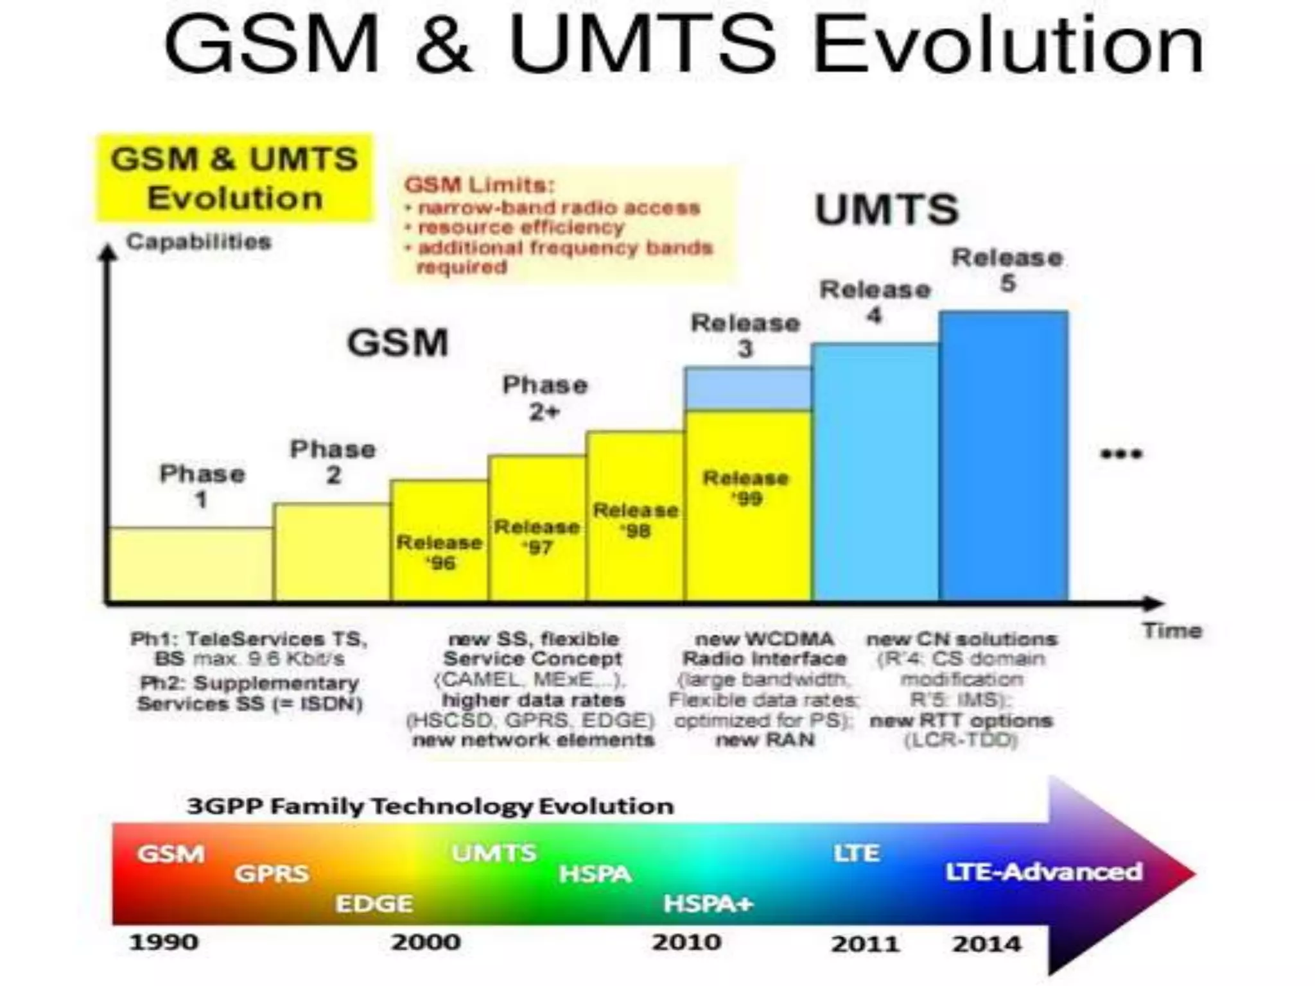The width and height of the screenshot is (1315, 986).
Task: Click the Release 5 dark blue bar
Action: (1003, 456)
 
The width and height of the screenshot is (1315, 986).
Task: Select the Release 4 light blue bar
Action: (875, 472)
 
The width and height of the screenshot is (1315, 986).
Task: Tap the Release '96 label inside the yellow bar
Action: (439, 552)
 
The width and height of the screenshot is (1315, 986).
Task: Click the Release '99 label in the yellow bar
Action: (745, 488)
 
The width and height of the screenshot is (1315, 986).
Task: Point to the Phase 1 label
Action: (202, 486)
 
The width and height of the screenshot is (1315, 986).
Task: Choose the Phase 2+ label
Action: (544, 398)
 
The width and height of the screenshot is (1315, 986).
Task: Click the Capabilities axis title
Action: (198, 242)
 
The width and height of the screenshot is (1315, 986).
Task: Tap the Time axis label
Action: (1171, 631)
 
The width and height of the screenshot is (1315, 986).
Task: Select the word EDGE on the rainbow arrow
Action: (374, 904)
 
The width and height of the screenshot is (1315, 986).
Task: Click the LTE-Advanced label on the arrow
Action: (1043, 872)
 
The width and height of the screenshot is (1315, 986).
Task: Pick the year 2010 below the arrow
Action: (686, 942)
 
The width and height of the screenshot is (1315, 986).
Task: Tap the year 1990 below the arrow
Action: (164, 942)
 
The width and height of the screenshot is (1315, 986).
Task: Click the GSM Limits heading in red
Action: (478, 186)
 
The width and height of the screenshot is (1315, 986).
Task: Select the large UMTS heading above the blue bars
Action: (886, 209)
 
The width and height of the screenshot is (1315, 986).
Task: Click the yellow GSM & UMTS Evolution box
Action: (234, 178)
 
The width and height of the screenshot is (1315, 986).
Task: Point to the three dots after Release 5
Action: (1121, 454)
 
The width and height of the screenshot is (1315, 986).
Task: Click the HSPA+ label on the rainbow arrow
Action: (708, 904)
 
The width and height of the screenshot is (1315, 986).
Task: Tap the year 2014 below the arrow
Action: (986, 944)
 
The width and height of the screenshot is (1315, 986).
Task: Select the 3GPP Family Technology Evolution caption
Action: (430, 806)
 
